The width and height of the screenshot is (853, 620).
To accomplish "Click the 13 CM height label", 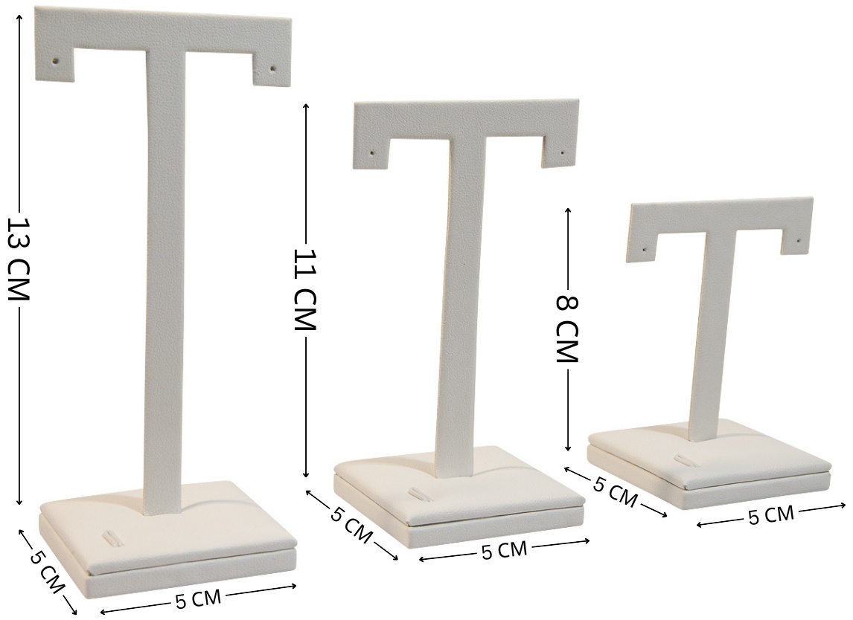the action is pos(18,259).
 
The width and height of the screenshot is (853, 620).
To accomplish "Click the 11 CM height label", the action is pos(305,290).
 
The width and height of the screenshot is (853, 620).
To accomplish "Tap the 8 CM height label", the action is pos(567,329).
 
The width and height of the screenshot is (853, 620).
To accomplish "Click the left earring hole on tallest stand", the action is pos(56,62).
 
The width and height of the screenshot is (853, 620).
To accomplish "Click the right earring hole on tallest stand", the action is pos(272,69).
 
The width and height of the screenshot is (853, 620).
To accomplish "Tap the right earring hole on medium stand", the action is pos(563,152).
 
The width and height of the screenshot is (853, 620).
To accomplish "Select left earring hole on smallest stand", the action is pos(645,250).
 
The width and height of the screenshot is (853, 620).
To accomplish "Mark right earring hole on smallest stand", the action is pos(799,239).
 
